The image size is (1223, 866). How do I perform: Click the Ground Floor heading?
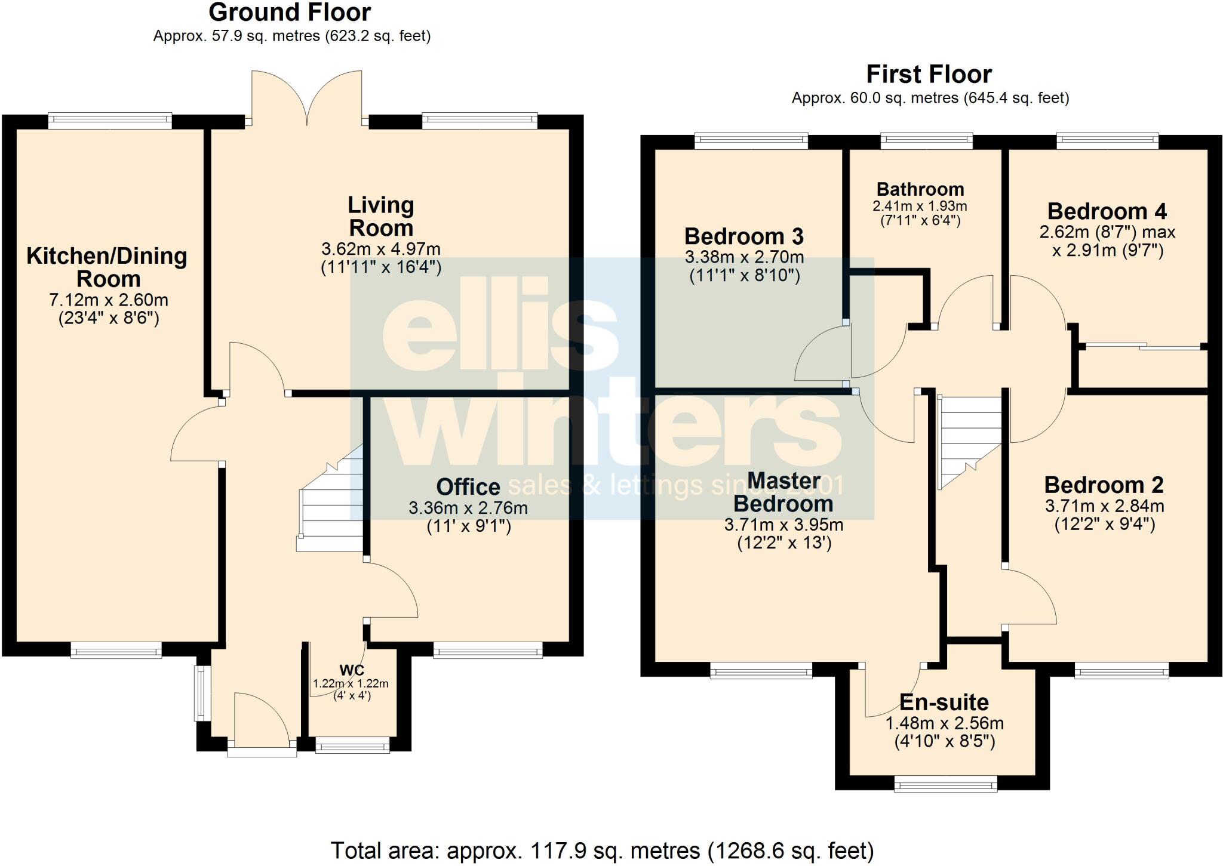(290, 13)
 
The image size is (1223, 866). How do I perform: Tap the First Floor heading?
(929, 75)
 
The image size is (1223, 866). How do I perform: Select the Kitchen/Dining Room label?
(107, 267)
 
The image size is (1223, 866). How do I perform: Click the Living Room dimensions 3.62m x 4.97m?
(381, 249)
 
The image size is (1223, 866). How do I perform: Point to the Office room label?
(468, 487)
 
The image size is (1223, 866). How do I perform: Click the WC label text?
(352, 670)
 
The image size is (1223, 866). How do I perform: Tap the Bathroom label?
(920, 189)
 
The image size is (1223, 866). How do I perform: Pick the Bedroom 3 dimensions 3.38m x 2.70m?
(744, 258)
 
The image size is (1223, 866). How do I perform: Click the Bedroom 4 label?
(1107, 211)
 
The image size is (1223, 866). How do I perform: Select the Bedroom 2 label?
(1104, 485)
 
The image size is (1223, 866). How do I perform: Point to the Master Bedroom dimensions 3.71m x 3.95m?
(783, 525)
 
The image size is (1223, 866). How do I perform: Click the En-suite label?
(944, 702)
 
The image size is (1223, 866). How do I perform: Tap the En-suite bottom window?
(945, 784)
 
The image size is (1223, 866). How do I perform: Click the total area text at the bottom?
(602, 850)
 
